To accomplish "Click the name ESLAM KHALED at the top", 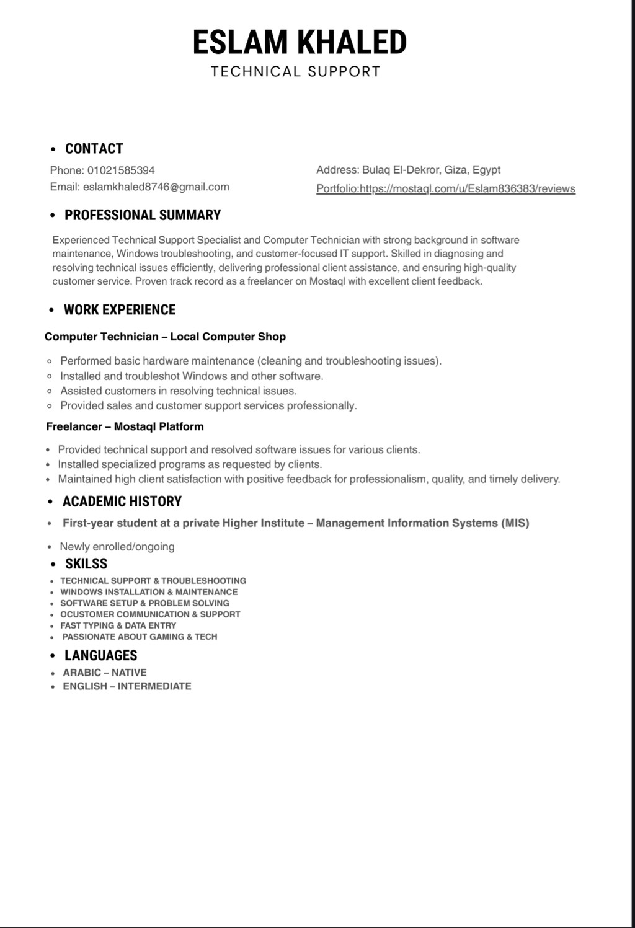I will coord(300,42).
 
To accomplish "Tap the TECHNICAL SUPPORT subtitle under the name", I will coord(296,72).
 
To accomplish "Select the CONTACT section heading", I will coord(94,149).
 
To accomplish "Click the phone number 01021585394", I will coord(121,170).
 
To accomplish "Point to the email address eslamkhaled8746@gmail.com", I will coord(156,187).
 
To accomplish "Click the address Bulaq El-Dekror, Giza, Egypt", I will coord(431,170).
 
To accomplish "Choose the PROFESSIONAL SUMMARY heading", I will coord(143,215).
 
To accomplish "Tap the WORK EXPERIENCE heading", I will coord(120,310).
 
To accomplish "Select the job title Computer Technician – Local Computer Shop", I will coord(165,337).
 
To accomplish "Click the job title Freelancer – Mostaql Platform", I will coord(125,426).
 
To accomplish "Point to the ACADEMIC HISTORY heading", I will coord(122,502).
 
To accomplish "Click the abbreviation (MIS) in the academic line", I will coord(515,523).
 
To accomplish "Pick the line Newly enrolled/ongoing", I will coord(117,547).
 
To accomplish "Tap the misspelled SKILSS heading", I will coord(86,564).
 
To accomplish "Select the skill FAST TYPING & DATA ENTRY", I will coord(118,625).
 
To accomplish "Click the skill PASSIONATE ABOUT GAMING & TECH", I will coord(140,637).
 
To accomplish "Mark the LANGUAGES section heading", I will coord(100,656).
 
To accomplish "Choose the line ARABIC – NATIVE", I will coord(105,673).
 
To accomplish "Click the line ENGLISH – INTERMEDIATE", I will coord(127,686).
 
